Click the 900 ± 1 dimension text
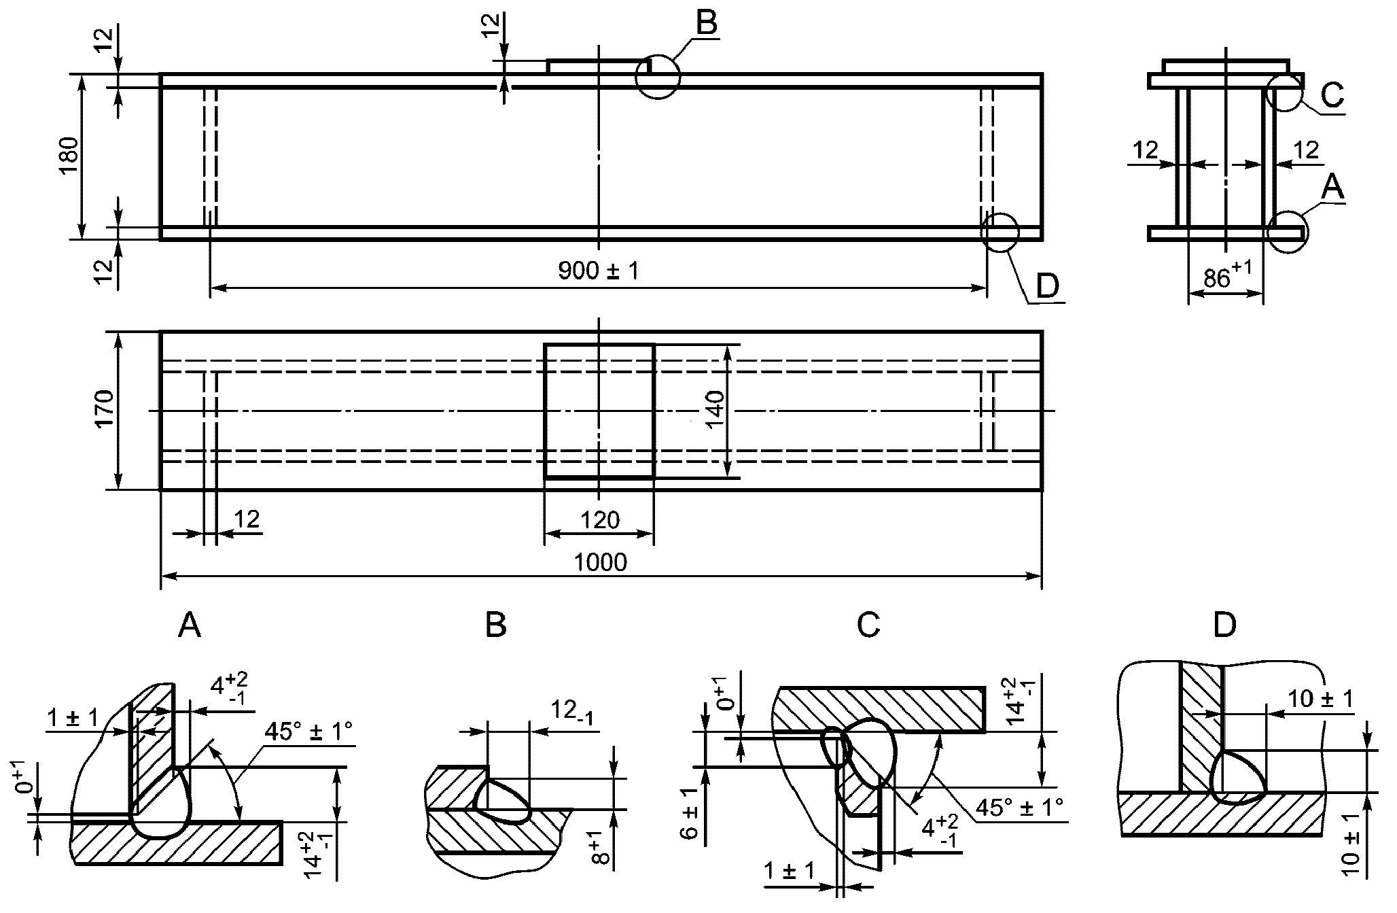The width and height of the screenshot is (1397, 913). point(599,271)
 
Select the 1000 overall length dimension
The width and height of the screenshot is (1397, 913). point(601,563)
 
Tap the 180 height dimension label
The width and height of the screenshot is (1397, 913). point(70,156)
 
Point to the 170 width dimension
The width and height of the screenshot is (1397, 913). point(104,410)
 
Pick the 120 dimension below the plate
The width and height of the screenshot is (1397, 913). point(601,521)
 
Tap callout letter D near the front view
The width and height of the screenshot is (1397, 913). point(1047,286)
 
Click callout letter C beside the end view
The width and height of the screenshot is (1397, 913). point(1332,96)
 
